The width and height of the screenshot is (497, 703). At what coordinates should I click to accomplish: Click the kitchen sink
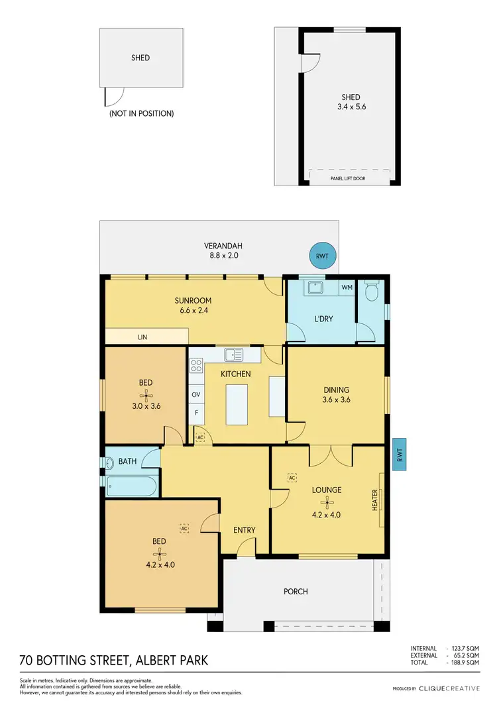coord(233,354)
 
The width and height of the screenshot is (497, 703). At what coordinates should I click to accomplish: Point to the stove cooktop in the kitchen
coord(196,366)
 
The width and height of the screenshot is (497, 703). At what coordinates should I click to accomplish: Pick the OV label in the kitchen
coord(196,394)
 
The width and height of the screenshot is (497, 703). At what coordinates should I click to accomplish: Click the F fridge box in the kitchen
coord(196,413)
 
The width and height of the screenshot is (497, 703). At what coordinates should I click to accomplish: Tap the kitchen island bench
coord(235,405)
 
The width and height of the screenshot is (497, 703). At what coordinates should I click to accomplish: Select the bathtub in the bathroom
coord(131,487)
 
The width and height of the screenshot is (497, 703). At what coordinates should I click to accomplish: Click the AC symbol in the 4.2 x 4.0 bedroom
coord(184,528)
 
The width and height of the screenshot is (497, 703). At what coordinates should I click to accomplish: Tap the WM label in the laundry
coord(345,288)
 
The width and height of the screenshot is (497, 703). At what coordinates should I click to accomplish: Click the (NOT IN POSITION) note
coord(141,113)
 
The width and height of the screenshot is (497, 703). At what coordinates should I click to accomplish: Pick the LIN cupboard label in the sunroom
coord(142,337)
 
